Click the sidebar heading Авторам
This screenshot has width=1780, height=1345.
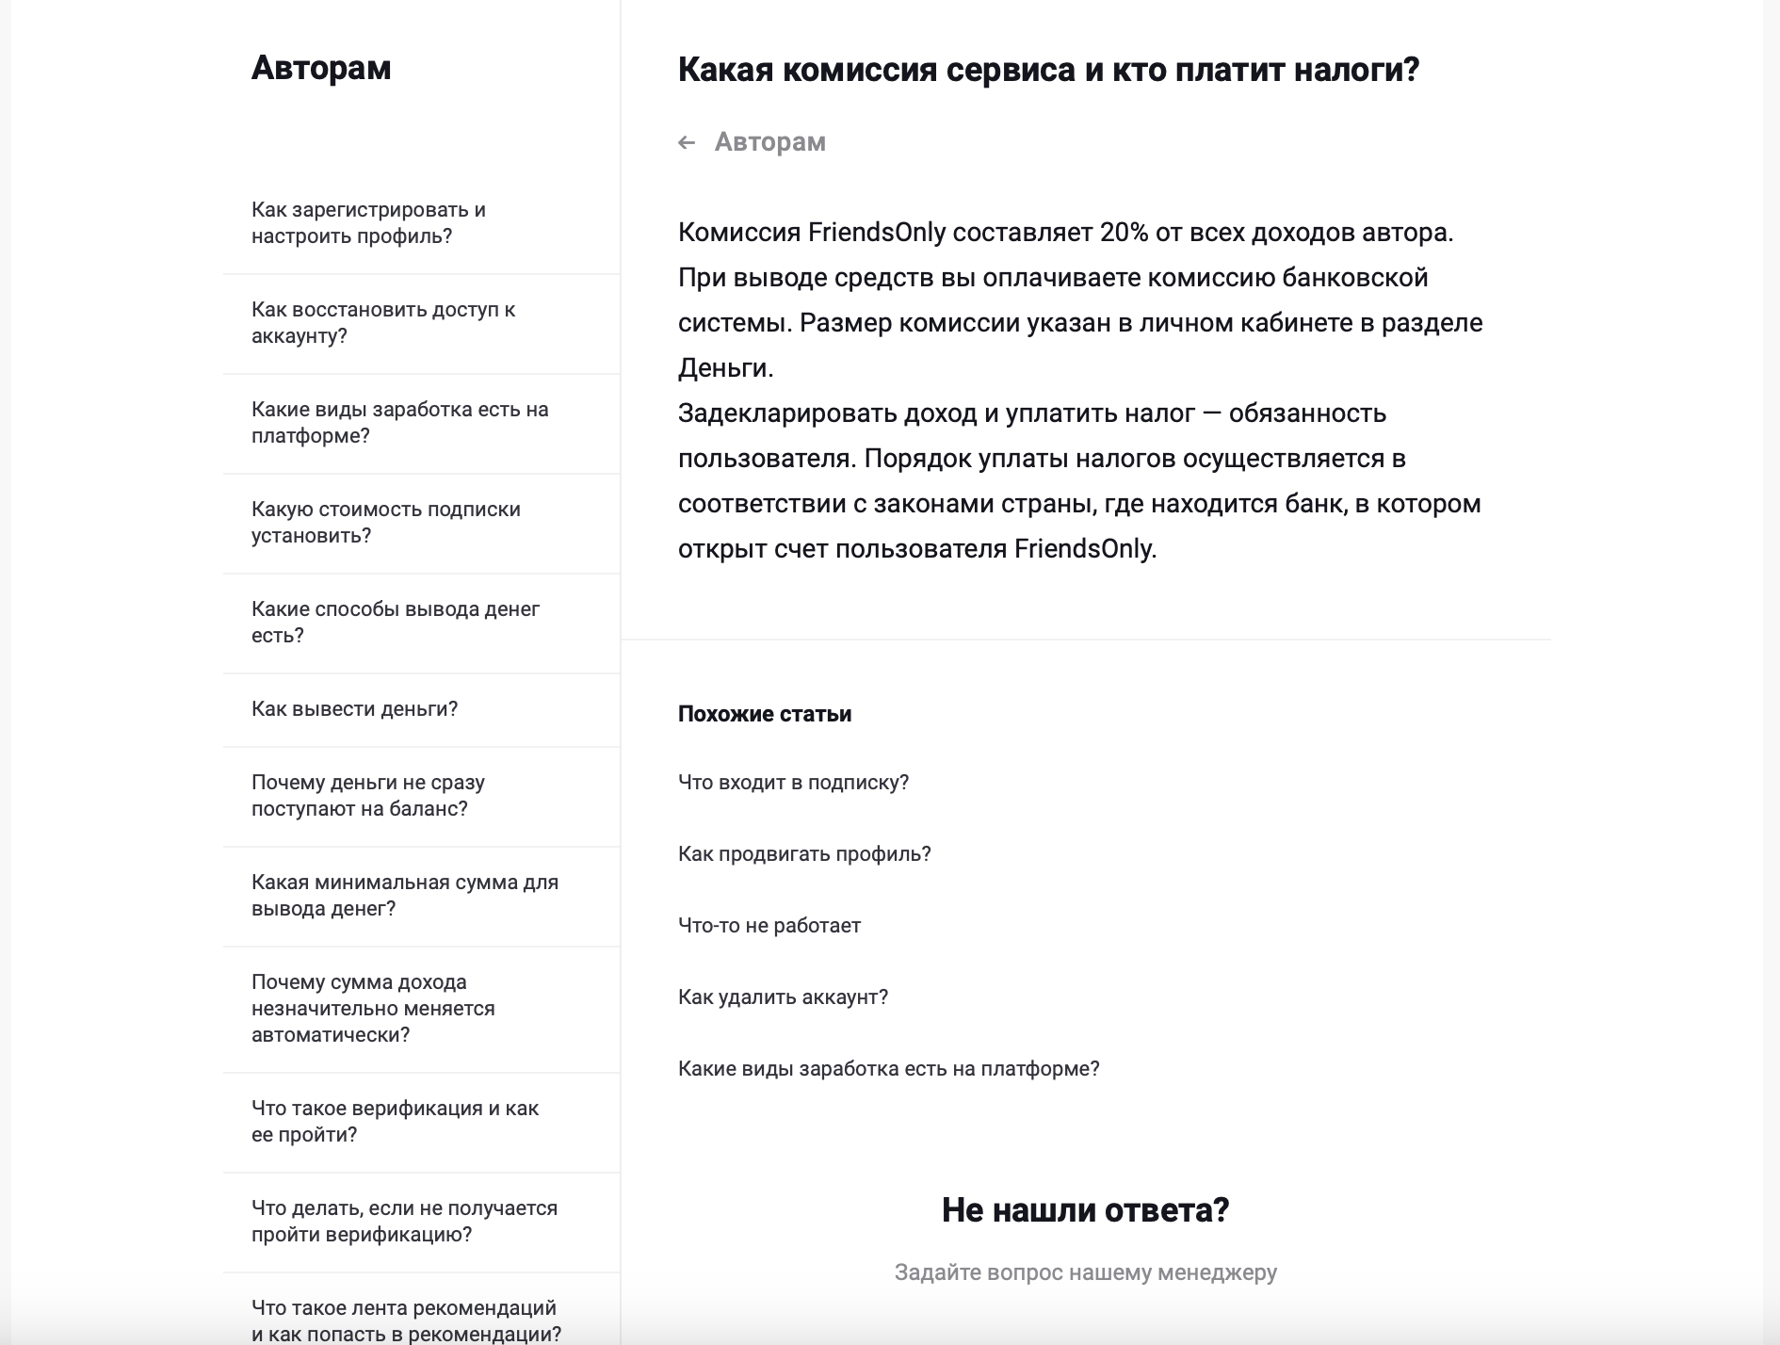(320, 68)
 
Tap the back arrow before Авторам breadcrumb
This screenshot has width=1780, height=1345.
(687, 142)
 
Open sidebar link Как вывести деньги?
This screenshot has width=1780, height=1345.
(354, 709)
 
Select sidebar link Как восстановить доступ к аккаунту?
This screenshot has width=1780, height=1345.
(382, 323)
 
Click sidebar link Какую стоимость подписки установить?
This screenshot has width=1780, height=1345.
(385, 523)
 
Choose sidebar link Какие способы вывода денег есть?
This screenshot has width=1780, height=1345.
(395, 622)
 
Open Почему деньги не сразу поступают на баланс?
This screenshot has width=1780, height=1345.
(367, 796)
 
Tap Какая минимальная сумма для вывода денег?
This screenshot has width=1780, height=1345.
(404, 896)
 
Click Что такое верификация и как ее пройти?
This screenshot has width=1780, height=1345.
(395, 1122)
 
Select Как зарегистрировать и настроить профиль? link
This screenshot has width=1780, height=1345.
(368, 223)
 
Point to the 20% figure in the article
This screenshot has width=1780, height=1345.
(1124, 233)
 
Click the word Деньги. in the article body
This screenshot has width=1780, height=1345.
(725, 368)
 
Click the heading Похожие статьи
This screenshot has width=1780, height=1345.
(765, 714)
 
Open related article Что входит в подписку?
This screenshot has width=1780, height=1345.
(793, 783)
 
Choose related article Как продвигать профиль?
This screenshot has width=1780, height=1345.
(804, 854)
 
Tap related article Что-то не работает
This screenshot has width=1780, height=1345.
(769, 926)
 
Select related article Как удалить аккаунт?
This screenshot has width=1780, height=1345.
(783, 997)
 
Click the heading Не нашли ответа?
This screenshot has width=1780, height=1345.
(1085, 1210)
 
